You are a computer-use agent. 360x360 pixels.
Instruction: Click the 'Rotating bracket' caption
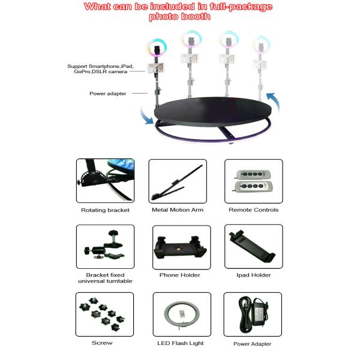click(x=105, y=210)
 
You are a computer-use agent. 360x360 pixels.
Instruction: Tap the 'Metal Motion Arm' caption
click(x=178, y=209)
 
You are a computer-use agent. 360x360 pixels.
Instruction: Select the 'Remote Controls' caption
click(x=253, y=209)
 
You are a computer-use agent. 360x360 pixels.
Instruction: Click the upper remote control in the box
click(x=253, y=175)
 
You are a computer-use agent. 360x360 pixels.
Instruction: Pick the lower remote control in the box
click(x=253, y=187)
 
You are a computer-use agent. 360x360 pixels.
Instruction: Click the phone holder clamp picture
click(x=180, y=247)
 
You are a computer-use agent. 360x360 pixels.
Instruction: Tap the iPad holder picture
click(x=252, y=246)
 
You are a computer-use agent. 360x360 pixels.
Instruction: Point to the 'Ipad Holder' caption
click(x=253, y=275)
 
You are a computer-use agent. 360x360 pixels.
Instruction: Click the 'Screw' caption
click(x=102, y=343)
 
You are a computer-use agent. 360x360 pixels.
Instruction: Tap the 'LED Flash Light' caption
click(x=180, y=343)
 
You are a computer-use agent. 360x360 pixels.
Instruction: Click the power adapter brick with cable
click(x=253, y=314)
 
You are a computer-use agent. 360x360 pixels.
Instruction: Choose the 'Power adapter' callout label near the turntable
click(x=107, y=94)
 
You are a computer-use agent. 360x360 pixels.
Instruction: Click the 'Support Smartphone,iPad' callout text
click(x=100, y=66)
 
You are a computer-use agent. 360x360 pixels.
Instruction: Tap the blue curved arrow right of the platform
click(x=274, y=101)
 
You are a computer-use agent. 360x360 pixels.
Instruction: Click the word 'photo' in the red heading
click(x=163, y=17)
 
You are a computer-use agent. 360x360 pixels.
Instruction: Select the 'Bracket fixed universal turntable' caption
click(x=105, y=278)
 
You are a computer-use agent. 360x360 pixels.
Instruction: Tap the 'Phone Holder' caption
click(x=180, y=275)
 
